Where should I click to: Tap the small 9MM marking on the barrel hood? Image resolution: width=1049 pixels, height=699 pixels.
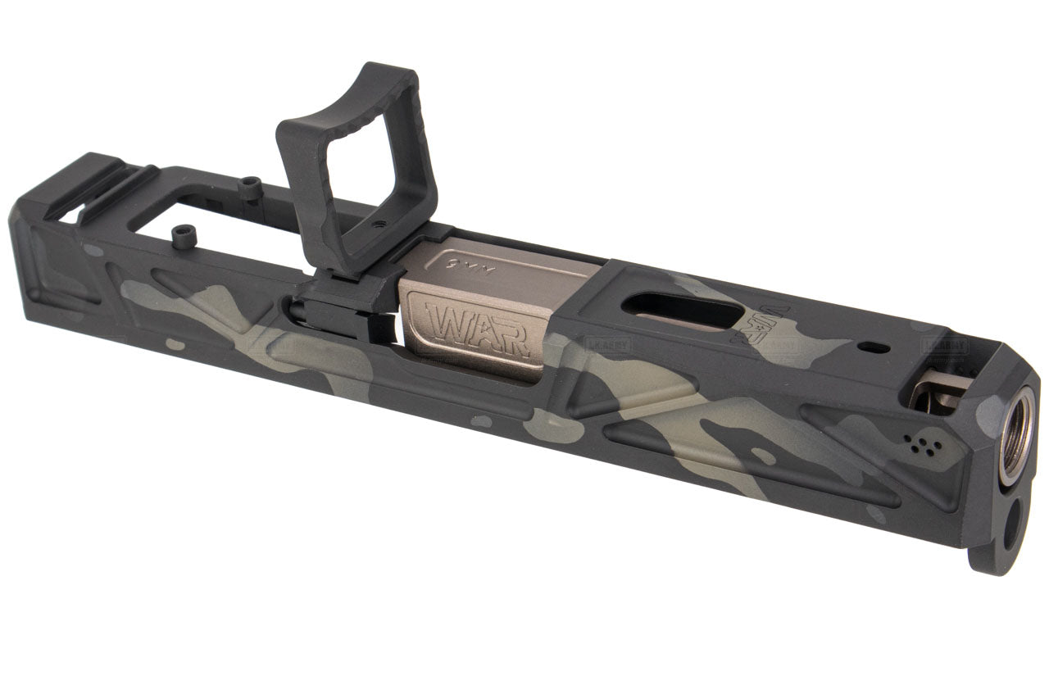[463, 263]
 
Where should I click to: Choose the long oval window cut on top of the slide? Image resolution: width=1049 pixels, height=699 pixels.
[681, 312]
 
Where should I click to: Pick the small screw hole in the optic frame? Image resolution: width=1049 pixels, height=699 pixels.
[377, 220]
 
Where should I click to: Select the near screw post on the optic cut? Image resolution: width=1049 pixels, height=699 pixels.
[182, 237]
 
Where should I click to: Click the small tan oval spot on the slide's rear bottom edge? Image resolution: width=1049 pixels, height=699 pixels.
[175, 345]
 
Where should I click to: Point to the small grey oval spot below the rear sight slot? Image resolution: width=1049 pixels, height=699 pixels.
[93, 251]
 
